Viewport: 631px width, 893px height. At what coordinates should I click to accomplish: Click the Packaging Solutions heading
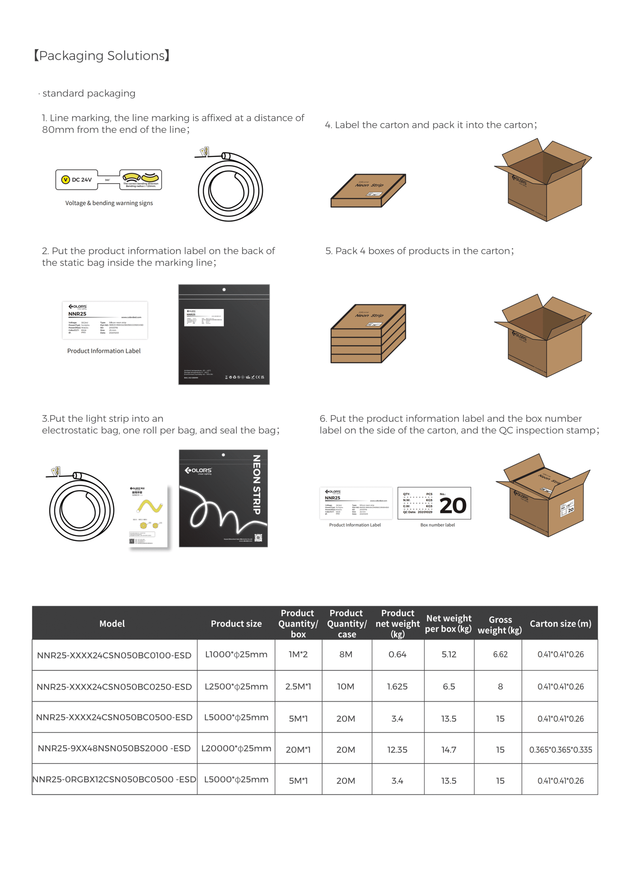102,56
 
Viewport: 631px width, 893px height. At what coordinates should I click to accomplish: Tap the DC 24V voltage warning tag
77,180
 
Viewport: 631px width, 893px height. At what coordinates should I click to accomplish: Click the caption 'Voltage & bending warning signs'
109,203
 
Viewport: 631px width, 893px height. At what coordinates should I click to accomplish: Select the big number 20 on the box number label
453,505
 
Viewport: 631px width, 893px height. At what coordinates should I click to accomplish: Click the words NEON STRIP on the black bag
256,485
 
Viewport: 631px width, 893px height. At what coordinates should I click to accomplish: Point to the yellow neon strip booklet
149,516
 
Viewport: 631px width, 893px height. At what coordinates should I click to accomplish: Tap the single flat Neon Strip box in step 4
368,190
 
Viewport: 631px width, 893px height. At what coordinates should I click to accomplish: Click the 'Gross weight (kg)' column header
500,625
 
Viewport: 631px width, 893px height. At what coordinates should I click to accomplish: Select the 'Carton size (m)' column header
560,623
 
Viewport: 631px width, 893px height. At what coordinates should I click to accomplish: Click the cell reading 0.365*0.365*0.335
560,750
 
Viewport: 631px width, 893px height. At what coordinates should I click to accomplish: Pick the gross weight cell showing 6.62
500,654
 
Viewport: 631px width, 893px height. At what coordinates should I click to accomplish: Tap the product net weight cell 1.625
397,687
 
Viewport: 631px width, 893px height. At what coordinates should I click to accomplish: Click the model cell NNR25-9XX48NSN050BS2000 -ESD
114,748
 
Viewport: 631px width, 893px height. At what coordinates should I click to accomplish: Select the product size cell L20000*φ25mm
236,748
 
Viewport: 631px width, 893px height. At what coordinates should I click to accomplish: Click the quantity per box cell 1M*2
298,654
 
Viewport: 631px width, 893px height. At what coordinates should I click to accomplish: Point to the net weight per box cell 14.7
449,750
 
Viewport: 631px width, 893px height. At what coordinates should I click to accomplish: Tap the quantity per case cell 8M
346,654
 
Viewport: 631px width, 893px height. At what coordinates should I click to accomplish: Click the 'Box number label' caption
437,525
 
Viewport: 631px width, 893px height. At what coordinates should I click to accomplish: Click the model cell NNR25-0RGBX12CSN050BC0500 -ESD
114,779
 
